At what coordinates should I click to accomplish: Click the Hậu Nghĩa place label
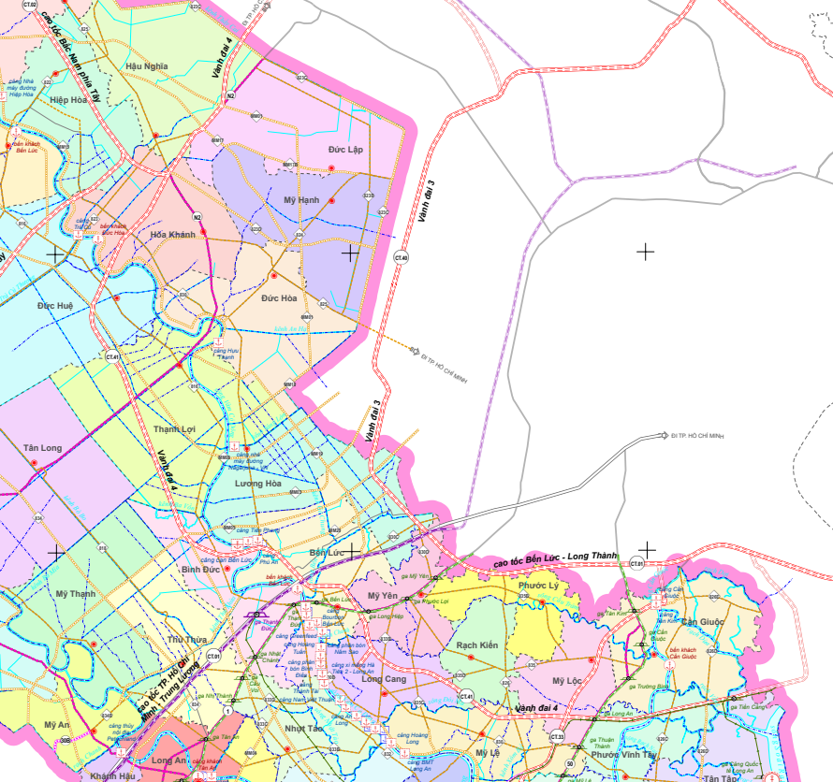click(146, 65)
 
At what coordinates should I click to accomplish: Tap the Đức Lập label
click(344, 150)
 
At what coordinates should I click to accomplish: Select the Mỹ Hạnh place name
click(301, 200)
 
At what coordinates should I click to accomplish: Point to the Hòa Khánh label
click(173, 235)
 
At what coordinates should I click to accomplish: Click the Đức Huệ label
click(55, 306)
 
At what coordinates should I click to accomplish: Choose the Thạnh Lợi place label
click(174, 429)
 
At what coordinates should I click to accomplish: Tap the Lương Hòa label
click(258, 483)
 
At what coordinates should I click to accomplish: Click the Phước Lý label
click(538, 586)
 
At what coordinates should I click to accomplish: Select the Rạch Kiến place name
click(476, 645)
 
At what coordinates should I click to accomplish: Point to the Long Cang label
click(383, 679)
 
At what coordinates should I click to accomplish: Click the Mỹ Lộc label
click(567, 680)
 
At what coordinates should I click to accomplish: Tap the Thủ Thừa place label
click(186, 639)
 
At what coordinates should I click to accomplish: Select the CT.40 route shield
click(402, 257)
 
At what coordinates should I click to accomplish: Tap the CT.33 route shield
click(557, 738)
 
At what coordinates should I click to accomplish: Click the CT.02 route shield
click(29, 5)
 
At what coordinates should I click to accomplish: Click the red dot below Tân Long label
click(35, 463)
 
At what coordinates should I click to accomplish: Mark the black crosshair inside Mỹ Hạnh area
click(350, 253)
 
